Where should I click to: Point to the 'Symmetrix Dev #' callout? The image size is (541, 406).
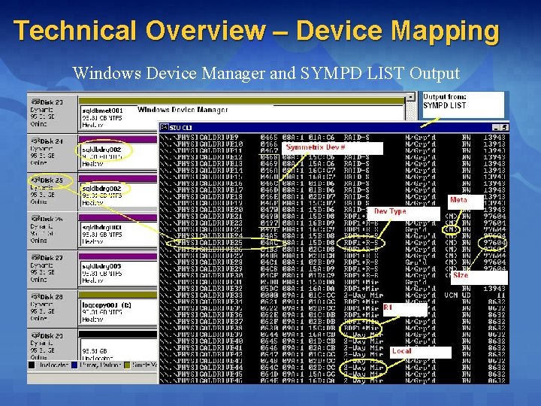click(316, 147)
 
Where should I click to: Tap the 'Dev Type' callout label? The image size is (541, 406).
click(390, 211)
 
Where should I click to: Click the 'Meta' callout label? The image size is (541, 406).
click(458, 200)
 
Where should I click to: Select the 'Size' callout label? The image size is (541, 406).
click(461, 275)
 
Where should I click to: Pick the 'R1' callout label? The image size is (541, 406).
click(388, 308)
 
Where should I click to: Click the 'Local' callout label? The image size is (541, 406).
click(401, 351)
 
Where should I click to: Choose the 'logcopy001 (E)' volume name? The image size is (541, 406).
click(106, 305)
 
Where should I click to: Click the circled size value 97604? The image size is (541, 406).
click(495, 243)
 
